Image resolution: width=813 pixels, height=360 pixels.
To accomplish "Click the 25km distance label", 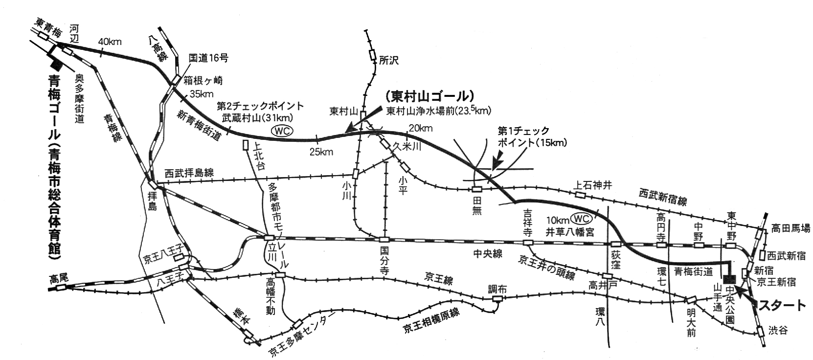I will [x=321, y=152].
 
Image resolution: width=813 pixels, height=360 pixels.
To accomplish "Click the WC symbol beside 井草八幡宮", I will [x=582, y=218].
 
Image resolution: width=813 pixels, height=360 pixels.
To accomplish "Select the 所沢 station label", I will [x=389, y=61].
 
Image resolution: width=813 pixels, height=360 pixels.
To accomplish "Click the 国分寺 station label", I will [x=384, y=259].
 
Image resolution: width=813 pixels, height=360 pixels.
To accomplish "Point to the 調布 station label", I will [x=497, y=289].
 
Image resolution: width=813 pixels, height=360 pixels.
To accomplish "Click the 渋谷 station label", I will [x=778, y=331].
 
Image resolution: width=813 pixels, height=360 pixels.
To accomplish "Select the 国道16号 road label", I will [x=208, y=58].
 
